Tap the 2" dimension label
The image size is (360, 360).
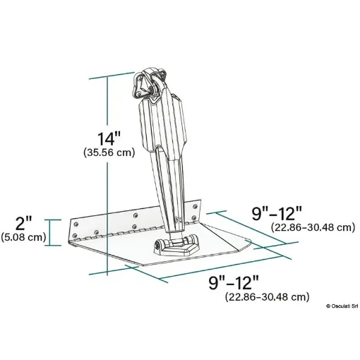(x=23, y=224)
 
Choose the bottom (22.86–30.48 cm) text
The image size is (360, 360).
(x=267, y=297)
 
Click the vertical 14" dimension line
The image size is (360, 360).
(x=108, y=176)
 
